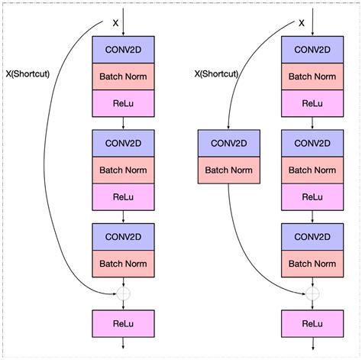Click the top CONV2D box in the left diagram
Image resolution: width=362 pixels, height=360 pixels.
123,50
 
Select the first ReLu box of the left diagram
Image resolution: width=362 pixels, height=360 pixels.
123,102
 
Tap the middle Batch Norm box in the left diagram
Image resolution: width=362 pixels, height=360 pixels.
123,169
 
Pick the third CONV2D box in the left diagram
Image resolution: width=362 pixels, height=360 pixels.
123,236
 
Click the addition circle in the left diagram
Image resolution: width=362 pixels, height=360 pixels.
123,293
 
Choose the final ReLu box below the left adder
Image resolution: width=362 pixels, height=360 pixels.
123,323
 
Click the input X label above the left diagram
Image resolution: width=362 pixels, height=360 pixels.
115,24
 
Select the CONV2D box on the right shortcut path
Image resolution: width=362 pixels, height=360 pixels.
229,143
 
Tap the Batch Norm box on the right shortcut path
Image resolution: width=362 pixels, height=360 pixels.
229,169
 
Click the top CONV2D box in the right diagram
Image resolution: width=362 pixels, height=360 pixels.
312,50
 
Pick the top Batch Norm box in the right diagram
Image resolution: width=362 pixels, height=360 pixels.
312,76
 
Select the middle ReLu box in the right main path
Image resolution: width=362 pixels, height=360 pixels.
312,196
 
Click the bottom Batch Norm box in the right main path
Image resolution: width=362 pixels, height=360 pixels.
312,263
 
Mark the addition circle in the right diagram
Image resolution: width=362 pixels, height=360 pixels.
312,293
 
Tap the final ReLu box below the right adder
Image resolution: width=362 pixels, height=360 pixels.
312,323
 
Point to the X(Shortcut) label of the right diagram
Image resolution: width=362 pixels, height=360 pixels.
217,74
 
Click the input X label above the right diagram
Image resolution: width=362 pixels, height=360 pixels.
301,24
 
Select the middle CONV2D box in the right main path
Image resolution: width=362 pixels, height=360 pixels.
312,143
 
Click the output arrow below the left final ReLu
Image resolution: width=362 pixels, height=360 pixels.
123,346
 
